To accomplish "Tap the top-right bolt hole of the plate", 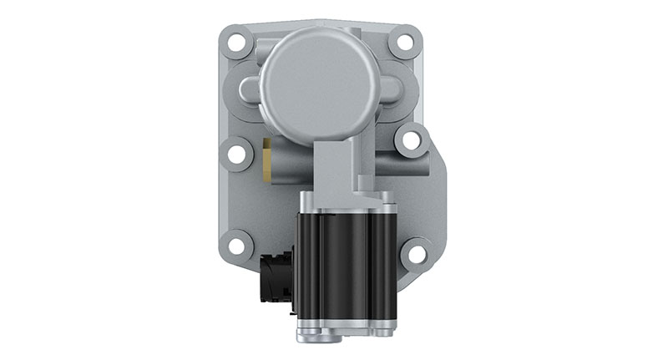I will click(x=406, y=40).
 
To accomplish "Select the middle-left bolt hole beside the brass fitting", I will click(x=236, y=154).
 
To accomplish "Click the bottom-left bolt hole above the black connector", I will click(x=237, y=246).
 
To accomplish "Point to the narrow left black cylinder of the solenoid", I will click(x=307, y=263).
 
